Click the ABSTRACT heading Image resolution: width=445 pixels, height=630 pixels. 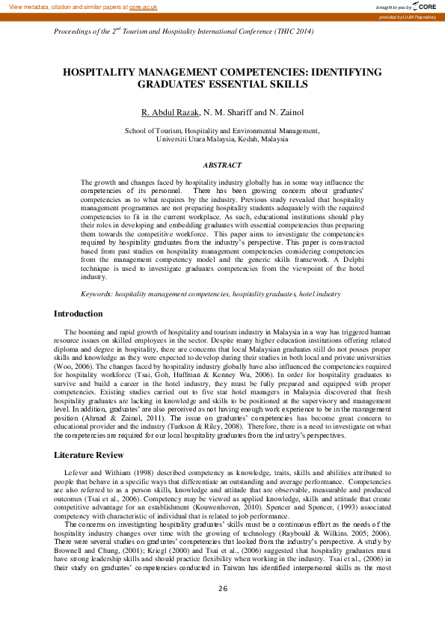coord(222,165)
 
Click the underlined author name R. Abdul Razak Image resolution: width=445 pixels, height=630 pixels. coord(171,112)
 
